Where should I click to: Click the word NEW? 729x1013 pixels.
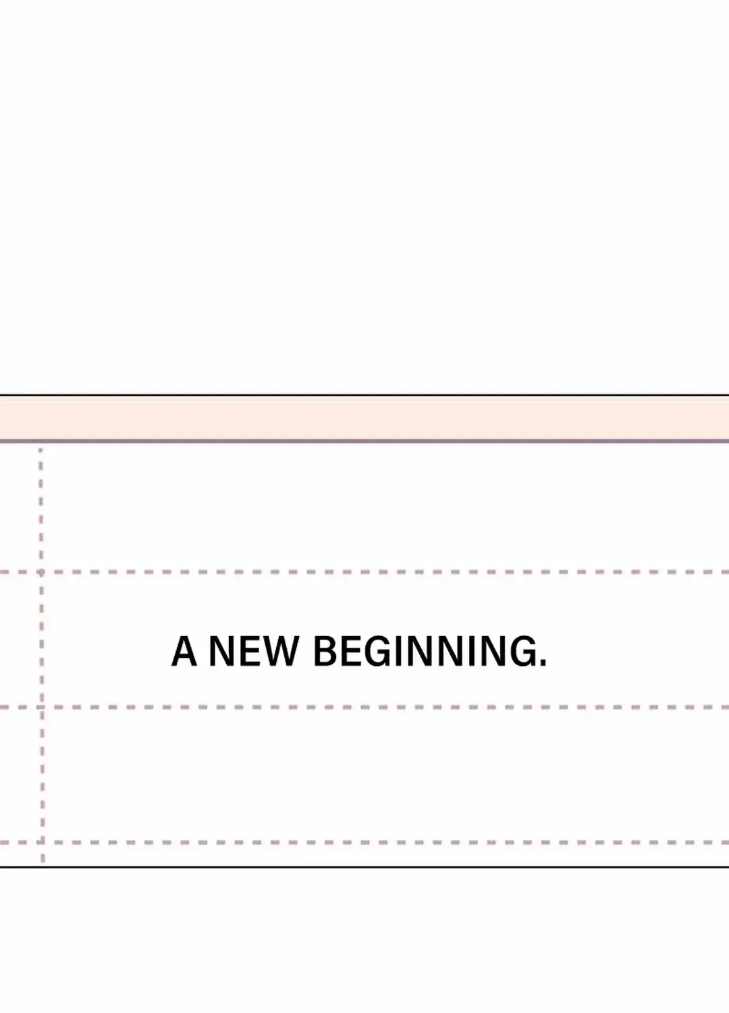[x=254, y=651]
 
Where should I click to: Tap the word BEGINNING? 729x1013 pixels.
[x=423, y=651]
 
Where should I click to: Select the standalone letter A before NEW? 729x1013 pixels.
[x=184, y=651]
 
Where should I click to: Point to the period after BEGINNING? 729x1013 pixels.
[x=543, y=663]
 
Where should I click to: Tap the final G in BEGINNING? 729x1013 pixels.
[x=520, y=651]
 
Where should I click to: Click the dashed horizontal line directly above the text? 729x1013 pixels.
[x=364, y=572]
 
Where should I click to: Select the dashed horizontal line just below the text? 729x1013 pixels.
[x=364, y=707]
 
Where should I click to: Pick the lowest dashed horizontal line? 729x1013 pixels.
[x=364, y=843]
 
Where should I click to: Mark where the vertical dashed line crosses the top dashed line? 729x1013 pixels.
[x=41, y=572]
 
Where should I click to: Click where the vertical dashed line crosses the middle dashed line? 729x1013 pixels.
[x=42, y=707]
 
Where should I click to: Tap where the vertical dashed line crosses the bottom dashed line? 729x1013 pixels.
[x=43, y=843]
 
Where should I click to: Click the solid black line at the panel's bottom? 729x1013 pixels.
[x=364, y=867]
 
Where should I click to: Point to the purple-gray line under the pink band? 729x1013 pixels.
[x=364, y=440]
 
